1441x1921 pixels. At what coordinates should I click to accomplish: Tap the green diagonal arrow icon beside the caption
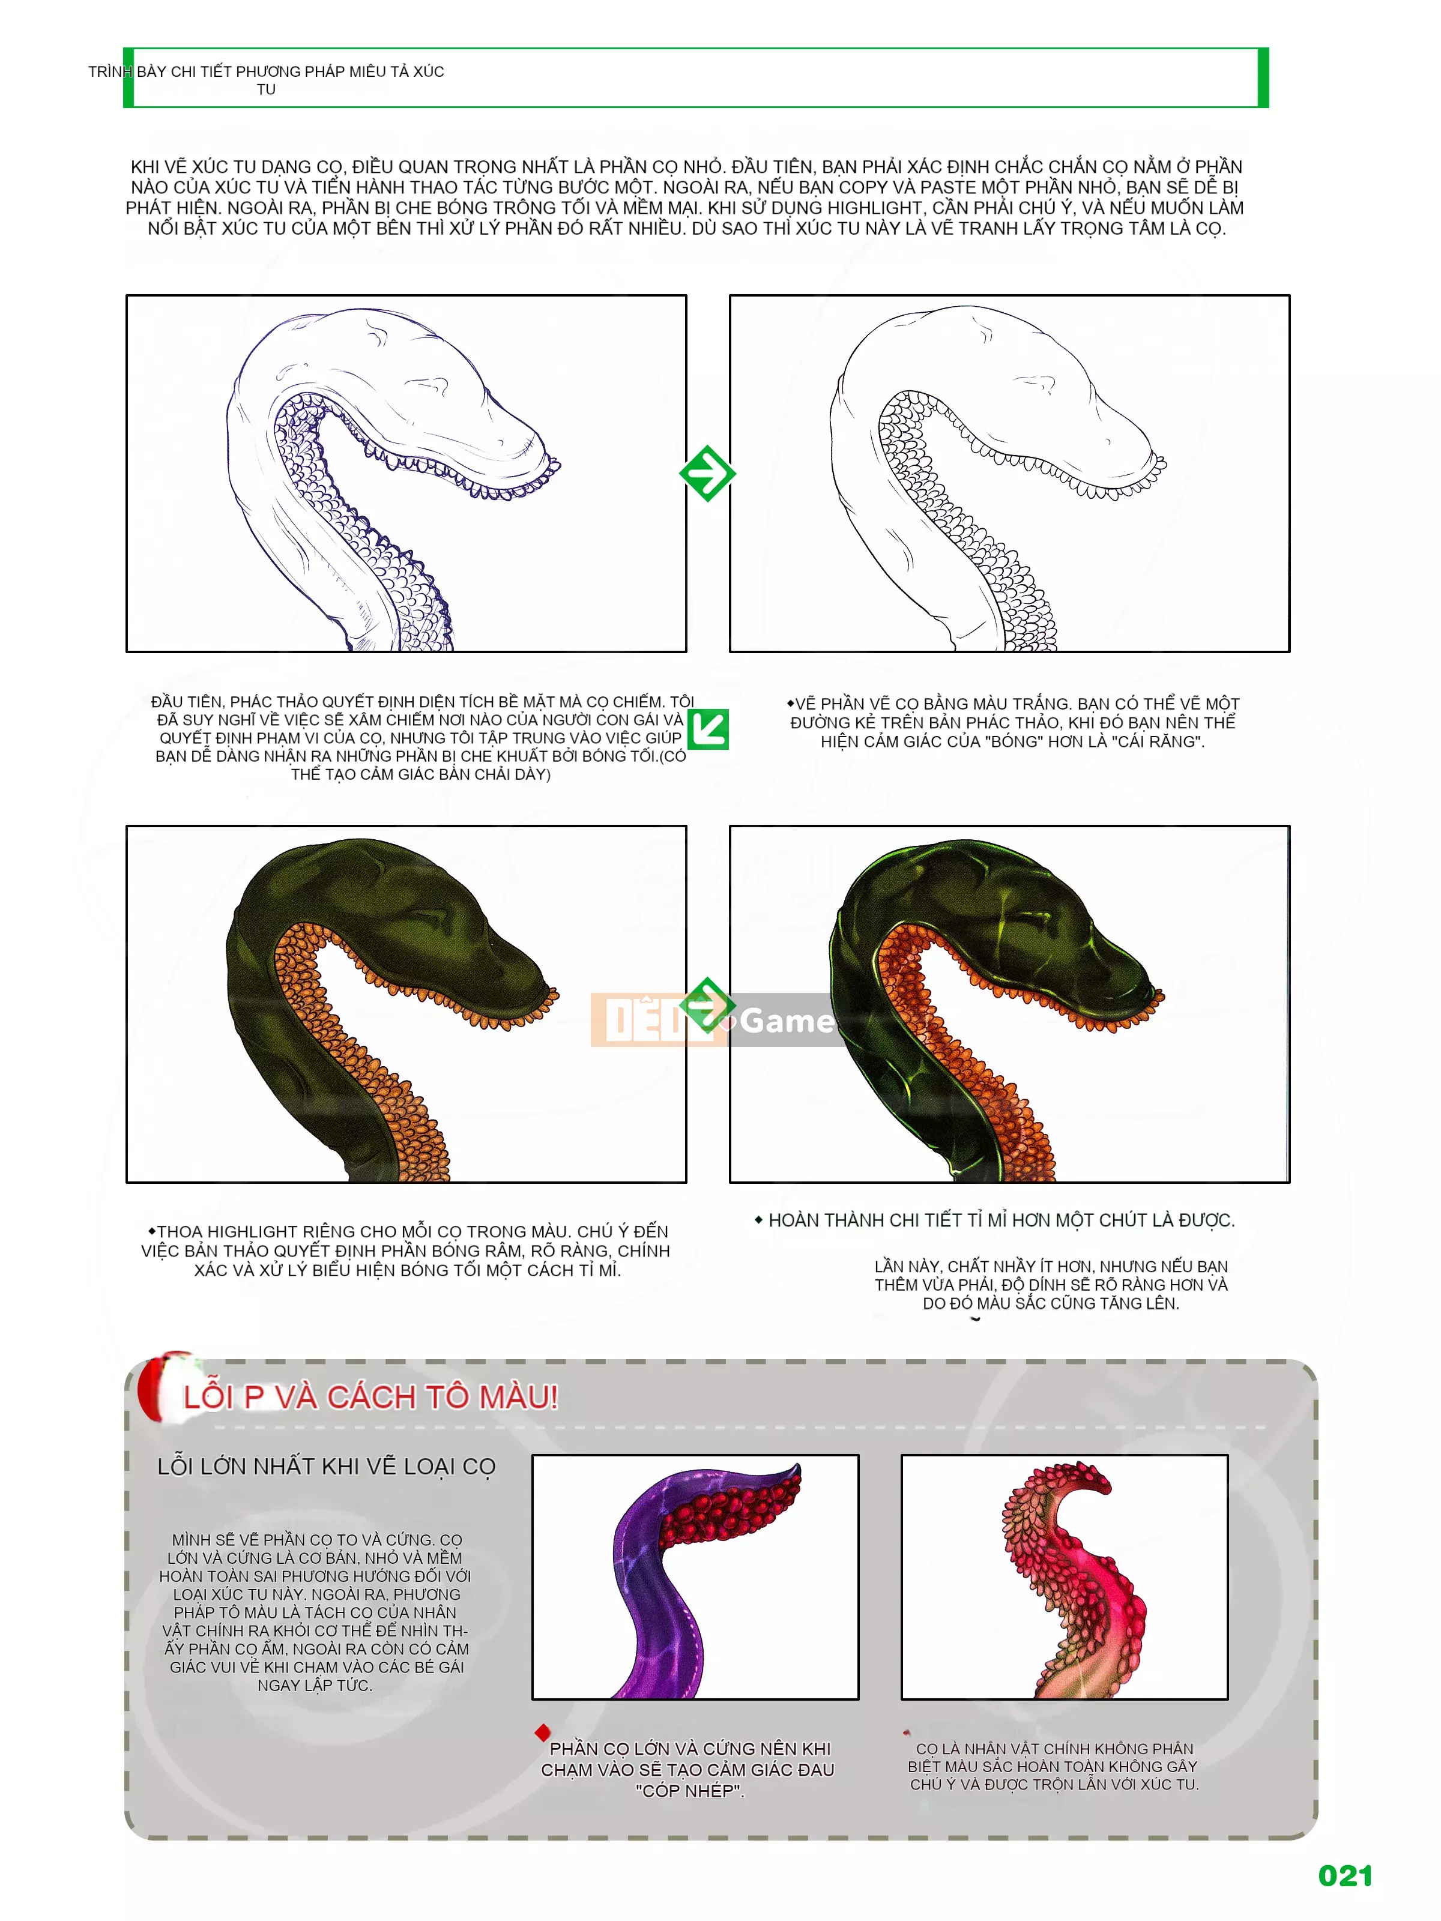[708, 729]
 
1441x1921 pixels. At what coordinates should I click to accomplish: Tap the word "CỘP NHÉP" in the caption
[690, 1791]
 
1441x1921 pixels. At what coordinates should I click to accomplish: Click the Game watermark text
[786, 1021]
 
